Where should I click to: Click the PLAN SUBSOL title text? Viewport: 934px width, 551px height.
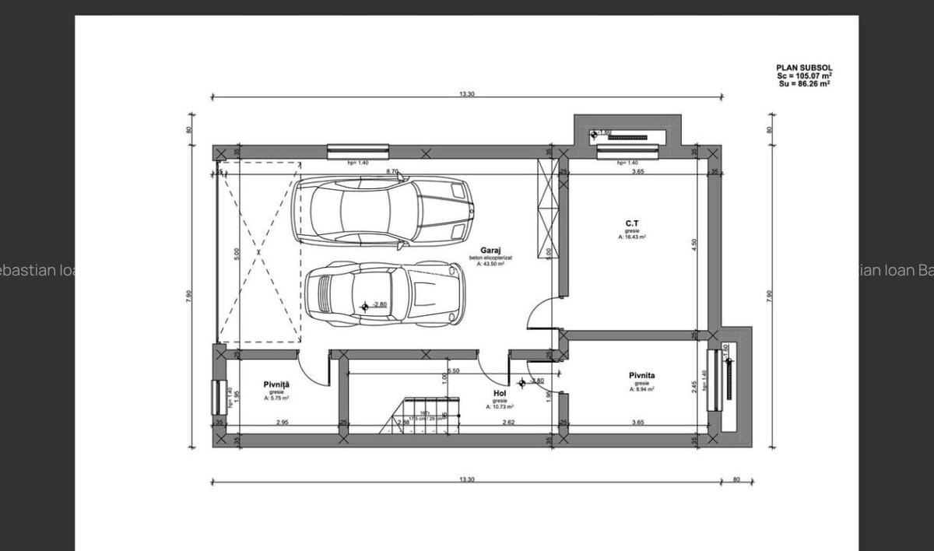tap(804, 68)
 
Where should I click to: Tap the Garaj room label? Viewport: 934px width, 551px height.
tap(490, 251)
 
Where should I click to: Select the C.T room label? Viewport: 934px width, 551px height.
tap(632, 223)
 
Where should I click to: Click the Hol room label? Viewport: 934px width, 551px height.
tap(500, 394)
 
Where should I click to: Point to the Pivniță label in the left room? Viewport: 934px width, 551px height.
tap(276, 384)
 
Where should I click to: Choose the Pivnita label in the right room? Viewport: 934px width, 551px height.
tap(642, 376)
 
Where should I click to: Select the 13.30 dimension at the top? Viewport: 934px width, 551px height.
tap(466, 93)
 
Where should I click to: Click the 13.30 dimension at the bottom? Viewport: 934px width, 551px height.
tap(466, 479)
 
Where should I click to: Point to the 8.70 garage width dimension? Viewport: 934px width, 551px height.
tap(392, 171)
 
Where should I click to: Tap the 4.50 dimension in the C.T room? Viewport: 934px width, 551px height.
tap(694, 243)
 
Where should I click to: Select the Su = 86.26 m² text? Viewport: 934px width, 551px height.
tap(804, 83)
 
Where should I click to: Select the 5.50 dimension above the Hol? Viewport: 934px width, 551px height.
tap(455, 370)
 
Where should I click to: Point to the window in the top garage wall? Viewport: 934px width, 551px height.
tap(357, 151)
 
